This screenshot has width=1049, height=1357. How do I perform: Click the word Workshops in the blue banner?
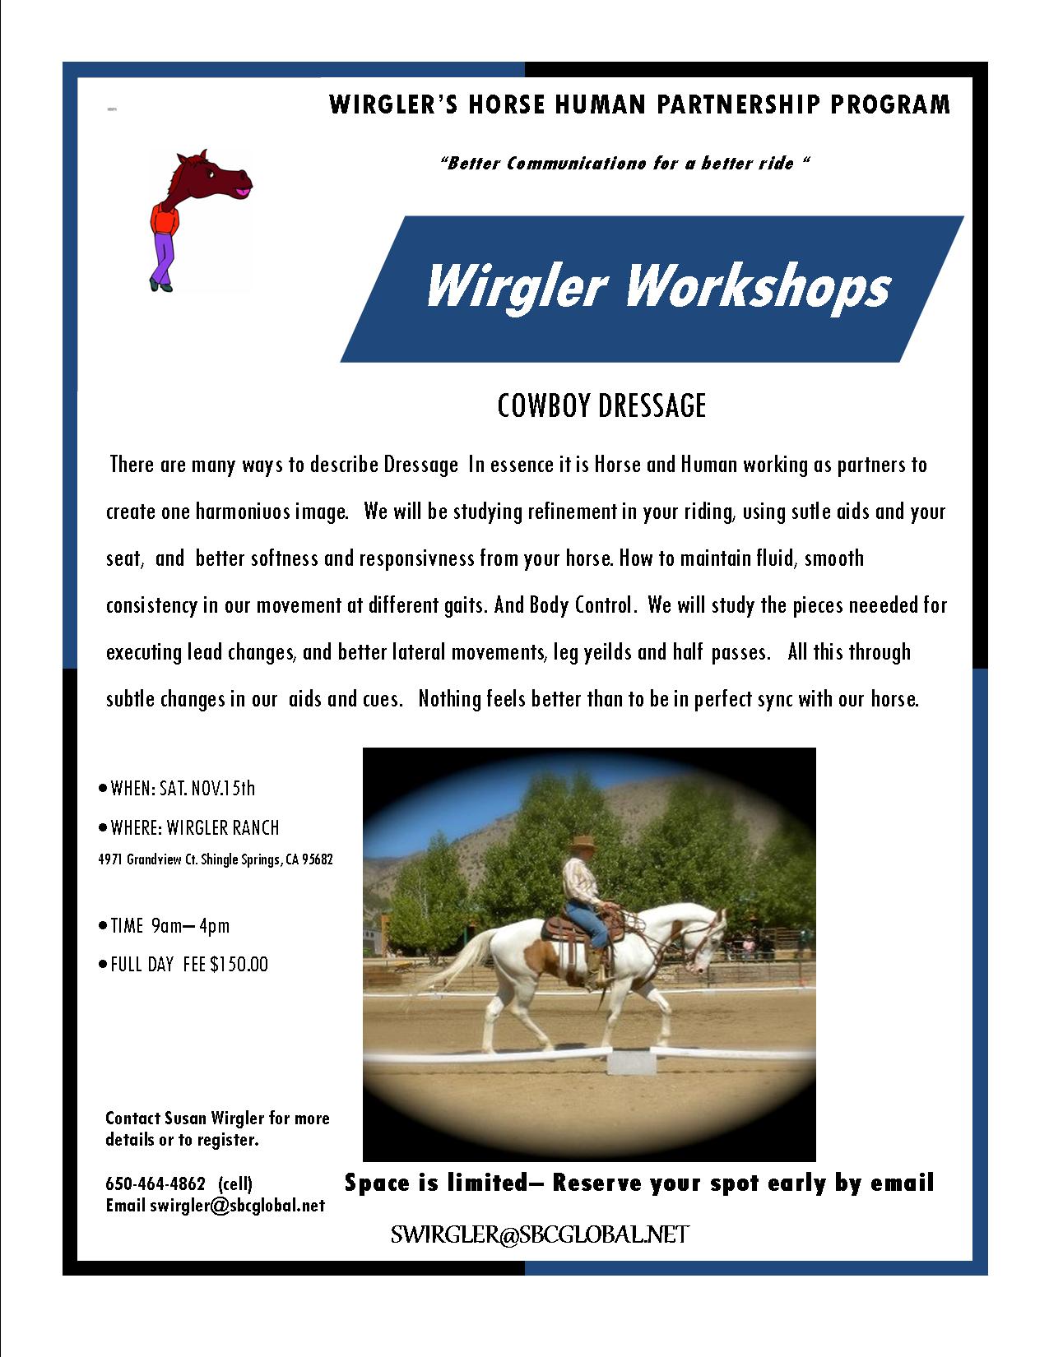click(x=757, y=286)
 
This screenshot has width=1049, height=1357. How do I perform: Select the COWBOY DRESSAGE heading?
click(x=601, y=406)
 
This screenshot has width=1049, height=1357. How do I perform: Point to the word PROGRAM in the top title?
click(x=890, y=104)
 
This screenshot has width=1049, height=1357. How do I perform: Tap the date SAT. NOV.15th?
click(x=207, y=788)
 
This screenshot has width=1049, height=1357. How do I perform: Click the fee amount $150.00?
click(x=239, y=964)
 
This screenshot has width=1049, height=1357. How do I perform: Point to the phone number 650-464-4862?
click(x=155, y=1183)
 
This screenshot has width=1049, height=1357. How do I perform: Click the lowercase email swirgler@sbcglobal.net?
click(x=238, y=1205)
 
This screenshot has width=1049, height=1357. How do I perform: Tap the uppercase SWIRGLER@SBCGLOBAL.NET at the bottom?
click(x=540, y=1234)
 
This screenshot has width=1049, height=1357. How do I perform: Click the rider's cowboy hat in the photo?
click(x=583, y=842)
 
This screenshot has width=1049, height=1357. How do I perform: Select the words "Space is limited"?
click(x=437, y=1183)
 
